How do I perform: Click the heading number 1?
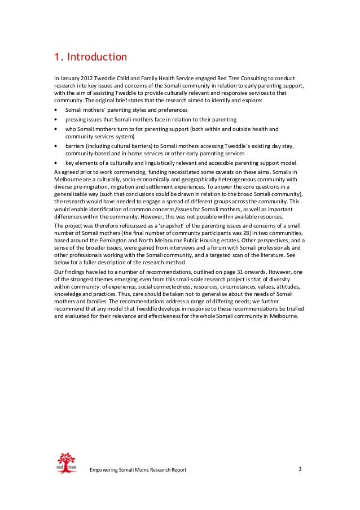click(x=57, y=58)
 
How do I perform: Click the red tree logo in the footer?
click(x=67, y=463)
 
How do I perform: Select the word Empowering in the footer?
click(x=107, y=470)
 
